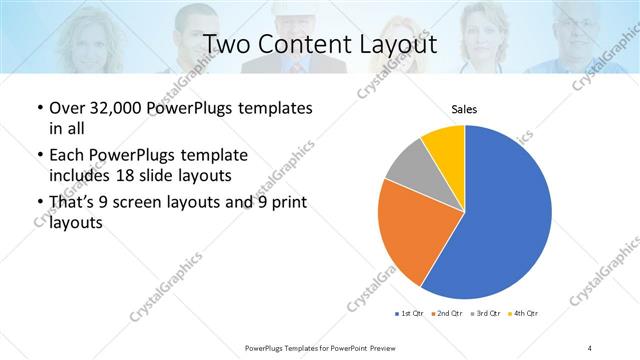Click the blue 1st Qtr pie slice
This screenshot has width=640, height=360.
click(x=500, y=220)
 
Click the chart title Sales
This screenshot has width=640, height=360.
click(x=464, y=110)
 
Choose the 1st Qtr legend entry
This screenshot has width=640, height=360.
click(x=410, y=314)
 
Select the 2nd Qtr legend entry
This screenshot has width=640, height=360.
click(x=446, y=314)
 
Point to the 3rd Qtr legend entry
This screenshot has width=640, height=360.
click(x=483, y=314)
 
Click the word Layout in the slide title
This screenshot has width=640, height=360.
click(x=393, y=45)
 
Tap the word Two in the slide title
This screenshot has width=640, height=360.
click(x=225, y=45)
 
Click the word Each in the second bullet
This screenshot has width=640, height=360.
click(x=66, y=156)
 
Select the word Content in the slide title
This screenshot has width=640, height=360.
click(x=304, y=45)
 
